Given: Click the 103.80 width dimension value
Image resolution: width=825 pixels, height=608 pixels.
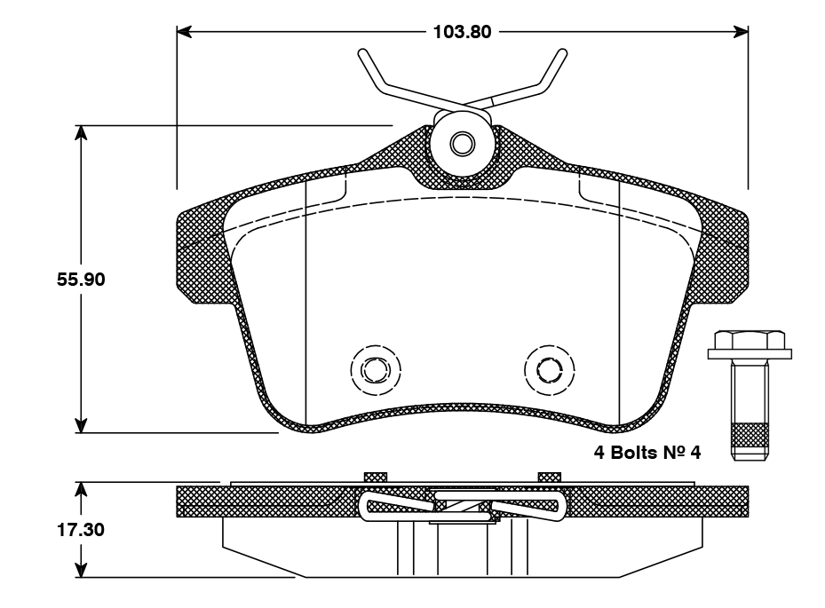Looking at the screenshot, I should point(462,33).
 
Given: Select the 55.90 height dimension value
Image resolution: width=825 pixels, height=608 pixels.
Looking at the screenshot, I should point(81,279).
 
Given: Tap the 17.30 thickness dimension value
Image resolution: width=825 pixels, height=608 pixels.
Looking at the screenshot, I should point(81,531).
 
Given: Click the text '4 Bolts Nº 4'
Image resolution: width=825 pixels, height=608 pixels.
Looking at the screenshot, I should point(647,453).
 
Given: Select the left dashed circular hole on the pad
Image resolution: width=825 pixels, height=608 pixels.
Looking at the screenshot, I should point(376,367).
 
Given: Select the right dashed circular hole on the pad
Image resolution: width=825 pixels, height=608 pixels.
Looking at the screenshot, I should point(550,367).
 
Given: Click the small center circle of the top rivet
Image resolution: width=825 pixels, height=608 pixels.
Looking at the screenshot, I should point(462,143).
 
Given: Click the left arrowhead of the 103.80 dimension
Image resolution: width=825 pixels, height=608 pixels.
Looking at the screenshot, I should point(185,32).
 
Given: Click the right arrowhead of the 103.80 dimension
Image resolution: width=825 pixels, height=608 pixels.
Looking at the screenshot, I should point(741,32).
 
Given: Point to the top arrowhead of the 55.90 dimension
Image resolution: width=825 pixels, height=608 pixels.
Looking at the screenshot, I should point(81,133).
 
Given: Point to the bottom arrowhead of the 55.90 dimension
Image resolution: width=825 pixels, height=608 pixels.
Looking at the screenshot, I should point(81,425).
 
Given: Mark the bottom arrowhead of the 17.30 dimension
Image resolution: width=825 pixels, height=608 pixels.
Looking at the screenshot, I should point(81,570).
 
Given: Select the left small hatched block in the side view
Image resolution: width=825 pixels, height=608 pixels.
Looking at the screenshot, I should point(376,477).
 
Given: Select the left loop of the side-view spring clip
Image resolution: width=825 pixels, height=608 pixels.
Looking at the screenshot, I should point(373,507).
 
